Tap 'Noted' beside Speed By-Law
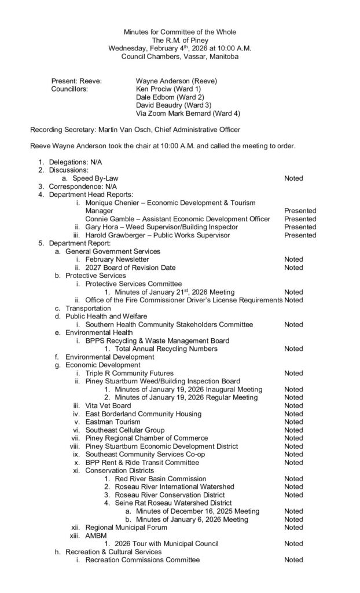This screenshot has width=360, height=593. [x=293, y=178]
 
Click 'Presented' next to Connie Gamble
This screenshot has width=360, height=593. [x=300, y=219]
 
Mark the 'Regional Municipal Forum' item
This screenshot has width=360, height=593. [x=126, y=528]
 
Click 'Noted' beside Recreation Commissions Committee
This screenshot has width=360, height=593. [x=293, y=560]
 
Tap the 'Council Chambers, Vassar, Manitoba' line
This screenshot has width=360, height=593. [x=180, y=56]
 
